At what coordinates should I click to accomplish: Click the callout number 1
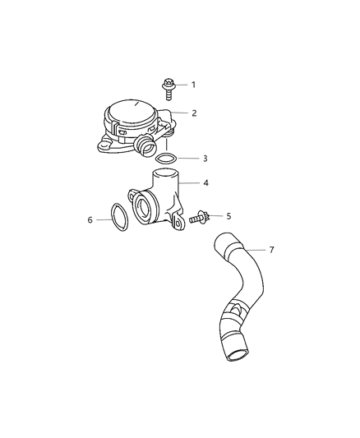(x=194, y=85)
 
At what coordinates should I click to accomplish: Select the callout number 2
(x=194, y=113)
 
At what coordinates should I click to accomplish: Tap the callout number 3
(x=194, y=158)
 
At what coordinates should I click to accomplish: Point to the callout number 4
(x=194, y=182)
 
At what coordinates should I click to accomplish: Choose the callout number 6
(x=90, y=219)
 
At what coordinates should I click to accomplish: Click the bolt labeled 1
(x=168, y=86)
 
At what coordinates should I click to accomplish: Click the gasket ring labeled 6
(x=116, y=219)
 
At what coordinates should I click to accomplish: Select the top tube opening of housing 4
(x=165, y=173)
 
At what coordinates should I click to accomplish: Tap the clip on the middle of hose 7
(x=235, y=312)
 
